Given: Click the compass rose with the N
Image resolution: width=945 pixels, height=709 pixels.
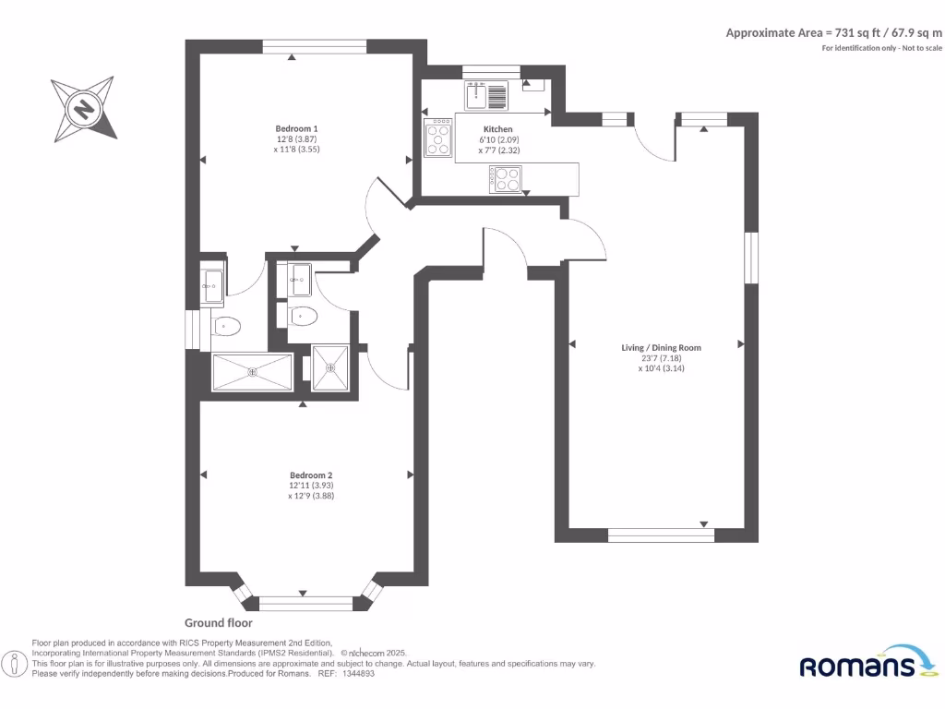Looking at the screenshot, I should point(84,109).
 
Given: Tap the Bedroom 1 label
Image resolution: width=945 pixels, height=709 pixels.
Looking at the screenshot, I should point(296,128).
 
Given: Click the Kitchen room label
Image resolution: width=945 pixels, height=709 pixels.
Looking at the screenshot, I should point(497,129).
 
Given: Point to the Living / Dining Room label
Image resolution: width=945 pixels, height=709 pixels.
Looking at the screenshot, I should point(661,348).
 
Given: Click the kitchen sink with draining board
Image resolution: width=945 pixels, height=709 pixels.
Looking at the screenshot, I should point(486,94).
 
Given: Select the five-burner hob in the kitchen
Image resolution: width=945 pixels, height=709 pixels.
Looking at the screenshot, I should point(437,139).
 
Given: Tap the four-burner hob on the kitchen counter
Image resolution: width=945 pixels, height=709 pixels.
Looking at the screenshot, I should point(505,178).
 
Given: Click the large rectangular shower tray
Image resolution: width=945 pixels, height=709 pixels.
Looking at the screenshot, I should point(252,373).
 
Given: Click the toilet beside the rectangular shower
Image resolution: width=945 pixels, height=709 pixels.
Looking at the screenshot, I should point(225,326).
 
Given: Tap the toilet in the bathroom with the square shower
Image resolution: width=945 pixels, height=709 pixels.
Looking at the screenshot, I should point(303,317).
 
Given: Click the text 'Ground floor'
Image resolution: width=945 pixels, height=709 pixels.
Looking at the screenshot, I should point(219,623).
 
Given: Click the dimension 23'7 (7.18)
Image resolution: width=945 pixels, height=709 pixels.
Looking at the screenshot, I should point(661,358).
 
